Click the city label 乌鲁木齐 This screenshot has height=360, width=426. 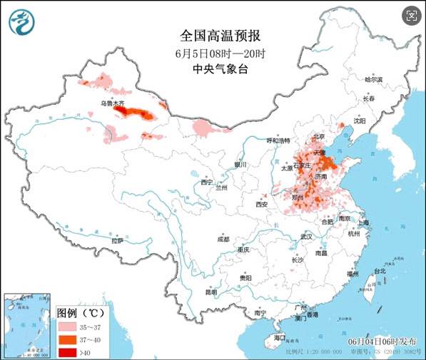pyautogui.click(x=112, y=103)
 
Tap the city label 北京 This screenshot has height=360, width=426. pyautogui.click(x=318, y=136)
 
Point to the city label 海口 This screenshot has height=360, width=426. pyautogui.click(x=280, y=337)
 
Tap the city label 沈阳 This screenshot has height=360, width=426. pyautogui.click(x=359, y=121)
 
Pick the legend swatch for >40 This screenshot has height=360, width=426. pyautogui.click(x=66, y=351)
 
